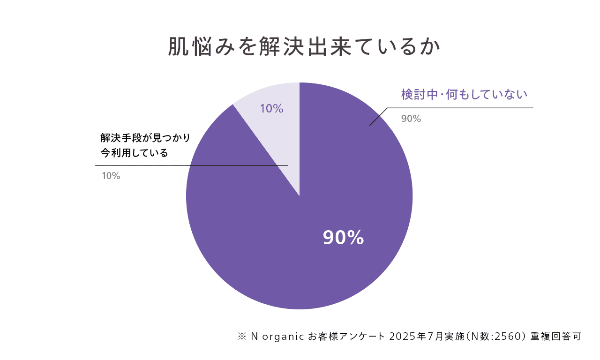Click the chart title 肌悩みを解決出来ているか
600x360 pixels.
(305, 47)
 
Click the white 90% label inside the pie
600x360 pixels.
(344, 238)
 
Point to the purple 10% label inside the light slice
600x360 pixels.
(271, 109)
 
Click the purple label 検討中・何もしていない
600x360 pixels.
(464, 95)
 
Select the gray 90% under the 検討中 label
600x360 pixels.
(411, 119)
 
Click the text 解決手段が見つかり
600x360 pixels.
(145, 138)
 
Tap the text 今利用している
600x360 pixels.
(134, 153)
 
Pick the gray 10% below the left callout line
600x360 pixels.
(111, 176)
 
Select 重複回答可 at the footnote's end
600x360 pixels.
(556, 337)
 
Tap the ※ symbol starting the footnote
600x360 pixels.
(242, 337)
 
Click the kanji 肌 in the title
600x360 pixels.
(177, 47)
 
